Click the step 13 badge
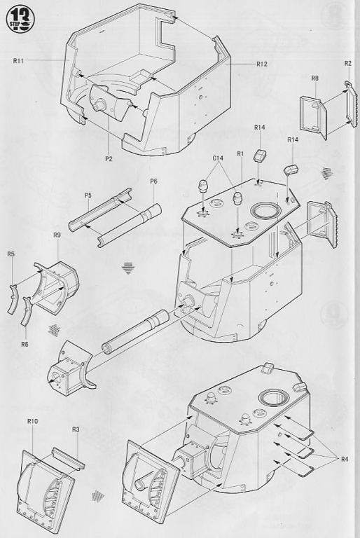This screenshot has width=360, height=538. (x=20, y=19)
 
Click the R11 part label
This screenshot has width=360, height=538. (x=18, y=61)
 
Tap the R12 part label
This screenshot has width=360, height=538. (x=261, y=64)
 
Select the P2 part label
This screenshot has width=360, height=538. (x=109, y=158)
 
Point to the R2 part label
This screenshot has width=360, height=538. (x=347, y=64)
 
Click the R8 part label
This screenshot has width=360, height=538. (x=315, y=78)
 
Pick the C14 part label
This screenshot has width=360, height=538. (x=218, y=158)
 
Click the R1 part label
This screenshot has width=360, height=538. (x=240, y=153)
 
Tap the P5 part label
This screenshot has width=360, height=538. (x=88, y=195)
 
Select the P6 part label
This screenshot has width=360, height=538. (x=153, y=181)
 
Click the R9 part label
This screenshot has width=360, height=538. (x=57, y=235)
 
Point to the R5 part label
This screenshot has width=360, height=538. (x=11, y=254)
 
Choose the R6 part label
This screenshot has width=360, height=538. (x=25, y=345)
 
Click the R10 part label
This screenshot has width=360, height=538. (x=33, y=421)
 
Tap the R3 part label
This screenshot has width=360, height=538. (x=76, y=429)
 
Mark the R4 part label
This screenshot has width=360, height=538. (x=344, y=459)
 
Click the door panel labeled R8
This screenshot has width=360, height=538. (x=314, y=118)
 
